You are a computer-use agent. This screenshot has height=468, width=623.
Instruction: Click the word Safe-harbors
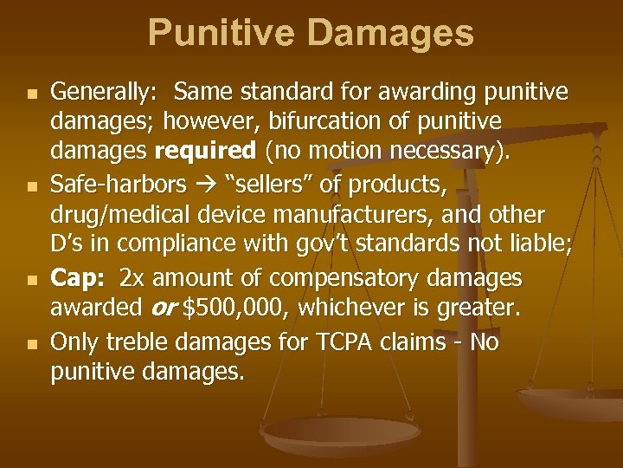(x=119, y=185)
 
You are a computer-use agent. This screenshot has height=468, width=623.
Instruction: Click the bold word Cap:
(x=79, y=278)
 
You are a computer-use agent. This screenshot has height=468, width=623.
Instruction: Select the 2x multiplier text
(x=133, y=278)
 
